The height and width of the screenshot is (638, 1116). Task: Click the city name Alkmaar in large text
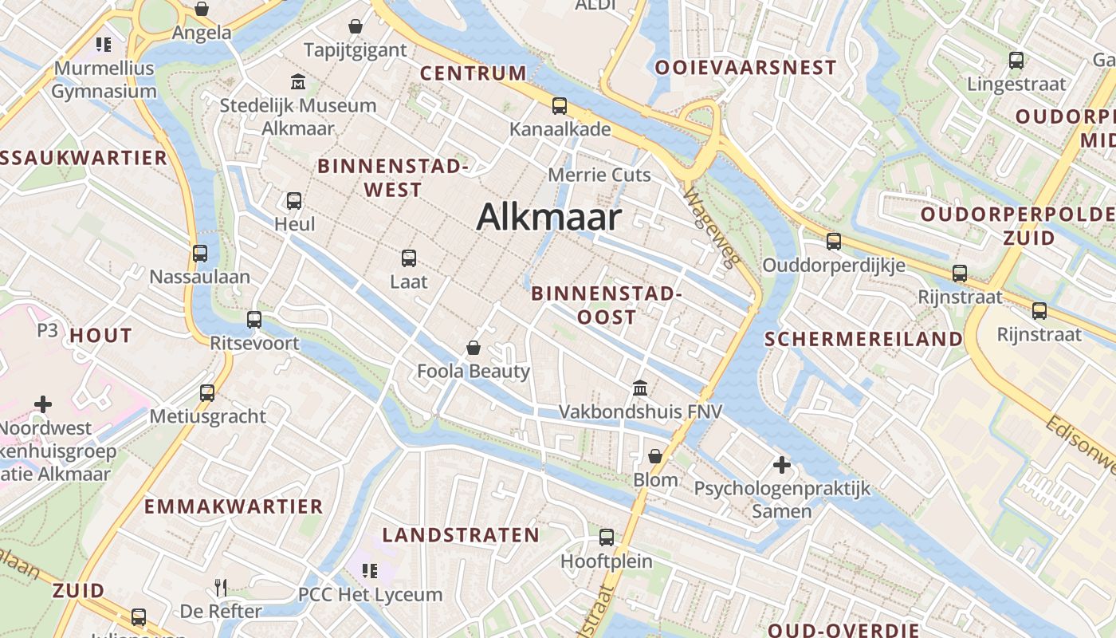point(548,217)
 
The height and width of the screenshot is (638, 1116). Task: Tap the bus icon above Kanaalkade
point(560,105)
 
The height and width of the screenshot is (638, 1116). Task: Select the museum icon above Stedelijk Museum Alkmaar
point(298,81)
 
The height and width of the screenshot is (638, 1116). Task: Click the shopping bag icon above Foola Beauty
point(474,348)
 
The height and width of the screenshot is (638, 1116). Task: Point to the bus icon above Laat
point(409,258)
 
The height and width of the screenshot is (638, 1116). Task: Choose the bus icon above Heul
point(294,200)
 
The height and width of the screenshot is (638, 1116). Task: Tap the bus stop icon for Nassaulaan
point(200,254)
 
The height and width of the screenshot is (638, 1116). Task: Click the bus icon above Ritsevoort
point(254,320)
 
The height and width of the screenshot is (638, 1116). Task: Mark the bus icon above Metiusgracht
point(207,392)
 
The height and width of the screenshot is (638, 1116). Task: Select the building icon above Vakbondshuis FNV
point(639,388)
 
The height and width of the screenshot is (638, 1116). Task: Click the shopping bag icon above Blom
point(655,456)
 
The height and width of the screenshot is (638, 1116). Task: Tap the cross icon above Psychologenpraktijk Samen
point(781,464)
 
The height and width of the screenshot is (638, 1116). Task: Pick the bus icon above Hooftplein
point(607,538)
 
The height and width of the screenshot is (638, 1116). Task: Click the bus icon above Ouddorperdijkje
point(834,241)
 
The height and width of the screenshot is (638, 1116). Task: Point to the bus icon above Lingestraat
point(1016,60)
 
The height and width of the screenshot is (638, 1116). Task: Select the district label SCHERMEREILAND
point(863,339)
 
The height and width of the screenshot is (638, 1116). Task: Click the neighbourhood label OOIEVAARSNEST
point(745,68)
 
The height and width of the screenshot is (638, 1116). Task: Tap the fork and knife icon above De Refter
point(222,588)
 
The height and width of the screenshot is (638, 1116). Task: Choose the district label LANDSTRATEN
point(461,535)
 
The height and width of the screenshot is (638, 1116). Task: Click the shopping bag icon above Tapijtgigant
point(356,26)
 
